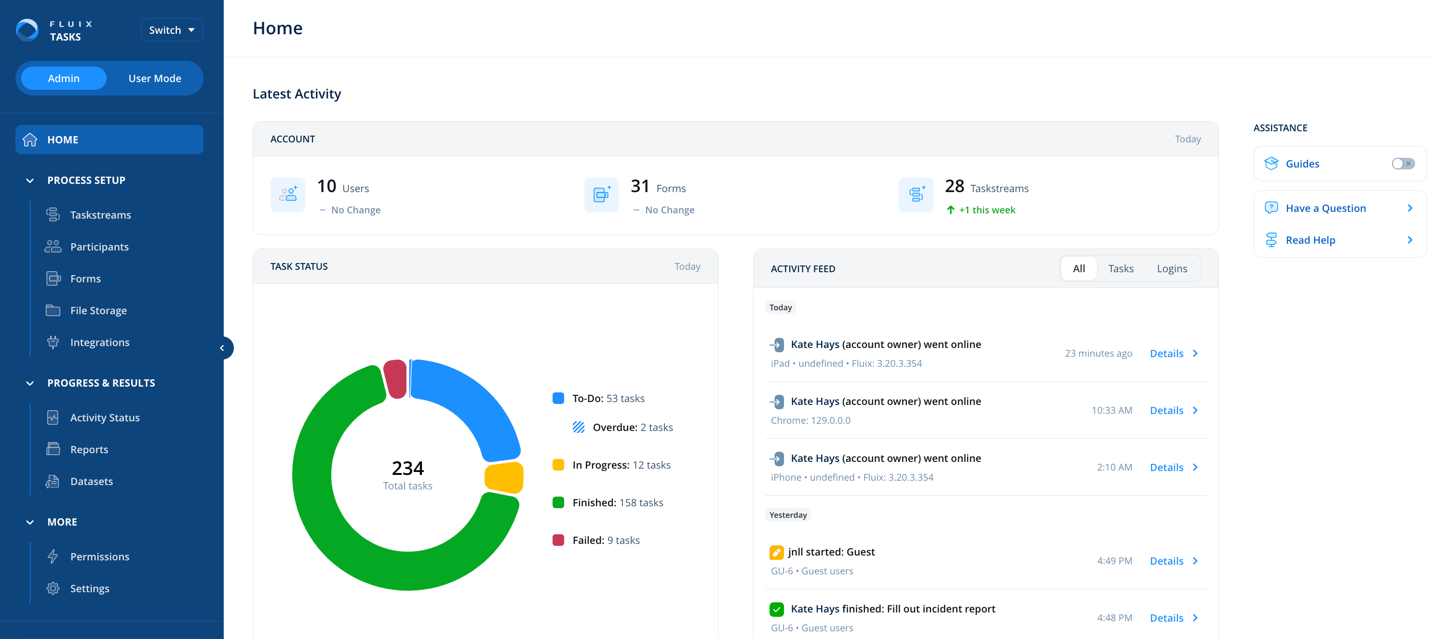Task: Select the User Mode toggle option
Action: pyautogui.click(x=155, y=79)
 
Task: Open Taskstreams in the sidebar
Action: pyautogui.click(x=100, y=215)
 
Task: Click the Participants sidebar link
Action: pyautogui.click(x=99, y=247)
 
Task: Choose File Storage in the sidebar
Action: pyautogui.click(x=98, y=311)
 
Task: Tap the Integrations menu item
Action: pyautogui.click(x=100, y=342)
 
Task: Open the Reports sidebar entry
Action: pyautogui.click(x=89, y=449)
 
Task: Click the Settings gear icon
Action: pyautogui.click(x=53, y=588)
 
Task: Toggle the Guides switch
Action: pyautogui.click(x=1403, y=164)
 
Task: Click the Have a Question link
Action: pyautogui.click(x=1325, y=208)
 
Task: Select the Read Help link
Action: pyautogui.click(x=1310, y=240)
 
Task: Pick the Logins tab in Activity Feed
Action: pyautogui.click(x=1172, y=269)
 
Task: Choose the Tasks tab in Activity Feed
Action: pyautogui.click(x=1121, y=269)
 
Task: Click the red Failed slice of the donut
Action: pyautogui.click(x=395, y=378)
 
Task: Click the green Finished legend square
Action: pyautogui.click(x=558, y=502)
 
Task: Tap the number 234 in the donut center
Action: pyautogui.click(x=407, y=468)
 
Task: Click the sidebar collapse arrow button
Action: pyautogui.click(x=222, y=348)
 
